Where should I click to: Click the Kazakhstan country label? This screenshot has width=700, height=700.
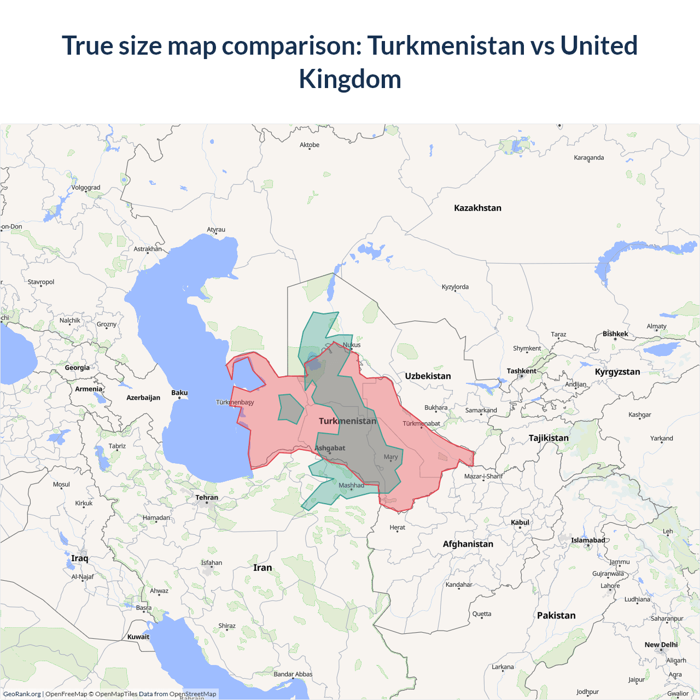(477, 208)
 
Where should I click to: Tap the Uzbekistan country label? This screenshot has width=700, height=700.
(428, 376)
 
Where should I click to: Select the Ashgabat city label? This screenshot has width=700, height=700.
(330, 448)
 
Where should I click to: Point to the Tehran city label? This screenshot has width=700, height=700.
(207, 498)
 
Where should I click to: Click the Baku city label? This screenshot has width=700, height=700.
(179, 393)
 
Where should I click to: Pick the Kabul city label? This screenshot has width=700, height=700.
(520, 522)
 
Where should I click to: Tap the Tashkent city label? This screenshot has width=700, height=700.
(521, 371)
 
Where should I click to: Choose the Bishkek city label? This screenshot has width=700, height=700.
(615, 334)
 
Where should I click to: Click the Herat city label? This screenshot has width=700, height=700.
(398, 528)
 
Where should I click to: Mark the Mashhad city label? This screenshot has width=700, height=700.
(351, 485)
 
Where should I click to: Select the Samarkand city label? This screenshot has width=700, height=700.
(481, 410)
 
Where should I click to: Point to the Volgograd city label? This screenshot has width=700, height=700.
(86, 188)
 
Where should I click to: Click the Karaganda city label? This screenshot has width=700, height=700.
(589, 157)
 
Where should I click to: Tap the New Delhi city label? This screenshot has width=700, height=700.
(661, 645)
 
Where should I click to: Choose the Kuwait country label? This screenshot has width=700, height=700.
(138, 637)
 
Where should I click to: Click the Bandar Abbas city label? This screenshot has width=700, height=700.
(293, 674)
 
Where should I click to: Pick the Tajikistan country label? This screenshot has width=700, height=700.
(549, 438)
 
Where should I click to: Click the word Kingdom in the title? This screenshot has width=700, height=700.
(350, 79)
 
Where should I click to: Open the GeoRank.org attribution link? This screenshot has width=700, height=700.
(22, 694)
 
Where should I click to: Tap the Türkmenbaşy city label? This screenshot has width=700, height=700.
(235, 402)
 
